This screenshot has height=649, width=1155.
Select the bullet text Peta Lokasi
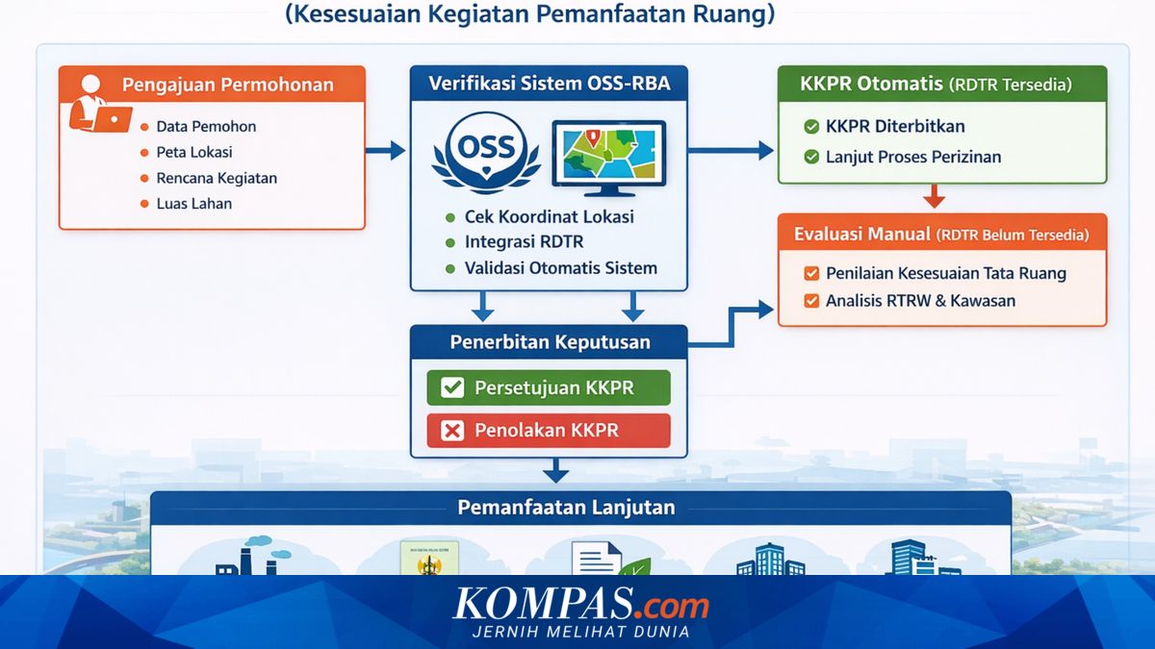click(193, 152)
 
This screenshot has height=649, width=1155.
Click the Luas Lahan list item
click(193, 204)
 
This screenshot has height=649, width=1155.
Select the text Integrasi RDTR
click(524, 241)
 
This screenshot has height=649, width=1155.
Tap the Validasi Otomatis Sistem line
click(560, 268)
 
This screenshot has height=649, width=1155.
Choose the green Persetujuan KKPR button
click(548, 387)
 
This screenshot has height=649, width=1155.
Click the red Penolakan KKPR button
click(548, 431)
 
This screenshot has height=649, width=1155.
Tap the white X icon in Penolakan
click(451, 431)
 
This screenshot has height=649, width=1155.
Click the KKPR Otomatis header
click(941, 84)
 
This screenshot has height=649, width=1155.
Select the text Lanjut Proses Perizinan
click(913, 157)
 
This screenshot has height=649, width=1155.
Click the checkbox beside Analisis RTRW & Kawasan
click(810, 301)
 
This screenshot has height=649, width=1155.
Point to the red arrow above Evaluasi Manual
click(933, 197)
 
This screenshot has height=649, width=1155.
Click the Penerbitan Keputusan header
click(550, 342)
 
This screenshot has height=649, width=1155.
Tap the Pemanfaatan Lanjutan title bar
click(580, 508)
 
